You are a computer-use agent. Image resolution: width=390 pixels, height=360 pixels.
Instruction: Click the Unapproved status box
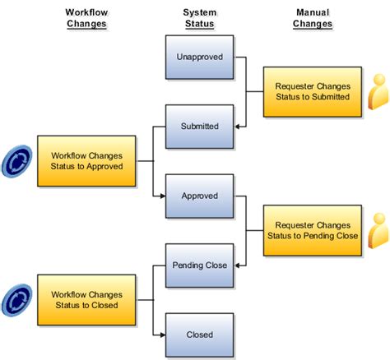tap(199, 58)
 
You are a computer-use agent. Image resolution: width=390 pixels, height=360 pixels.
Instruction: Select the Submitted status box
tap(199, 127)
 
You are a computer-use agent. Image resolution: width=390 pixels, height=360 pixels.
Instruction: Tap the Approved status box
tap(199, 196)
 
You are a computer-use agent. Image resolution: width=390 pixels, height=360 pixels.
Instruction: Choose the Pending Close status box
tap(199, 265)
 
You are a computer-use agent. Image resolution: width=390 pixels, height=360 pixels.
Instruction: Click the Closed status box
tap(199, 335)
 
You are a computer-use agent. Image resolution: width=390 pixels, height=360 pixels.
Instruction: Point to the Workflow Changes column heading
tap(87, 18)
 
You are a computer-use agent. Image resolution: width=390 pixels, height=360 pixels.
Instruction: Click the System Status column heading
tap(199, 18)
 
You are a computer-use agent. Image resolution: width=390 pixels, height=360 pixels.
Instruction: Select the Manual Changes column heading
tap(312, 18)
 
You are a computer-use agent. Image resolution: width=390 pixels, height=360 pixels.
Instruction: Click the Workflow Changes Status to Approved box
tap(87, 159)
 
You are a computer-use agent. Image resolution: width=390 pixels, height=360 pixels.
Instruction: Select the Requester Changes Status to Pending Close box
tap(312, 230)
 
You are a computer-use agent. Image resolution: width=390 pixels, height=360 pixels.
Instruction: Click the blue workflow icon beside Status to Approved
tap(17, 159)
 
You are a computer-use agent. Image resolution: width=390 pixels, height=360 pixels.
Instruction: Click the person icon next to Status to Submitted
tap(378, 92)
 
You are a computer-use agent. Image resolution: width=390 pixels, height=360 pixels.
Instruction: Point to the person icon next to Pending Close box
tap(378, 230)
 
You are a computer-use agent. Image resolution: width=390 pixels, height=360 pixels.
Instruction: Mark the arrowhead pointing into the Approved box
tap(161, 196)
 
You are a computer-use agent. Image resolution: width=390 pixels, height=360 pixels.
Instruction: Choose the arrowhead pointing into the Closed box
tap(161, 335)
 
